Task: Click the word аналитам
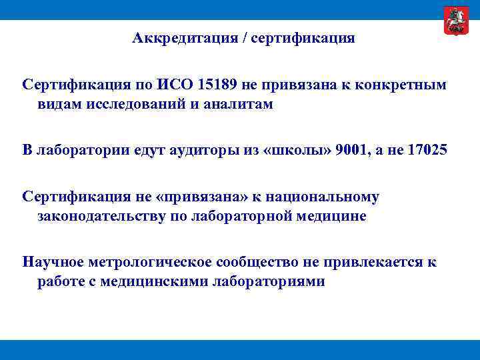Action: click(x=241, y=105)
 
